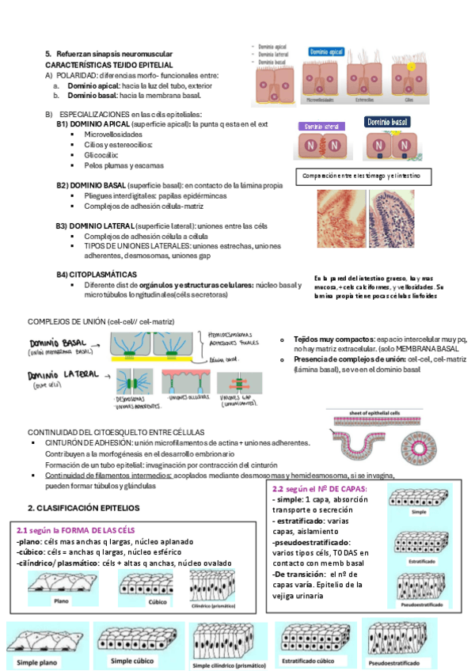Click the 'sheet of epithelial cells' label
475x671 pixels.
click(377, 412)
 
